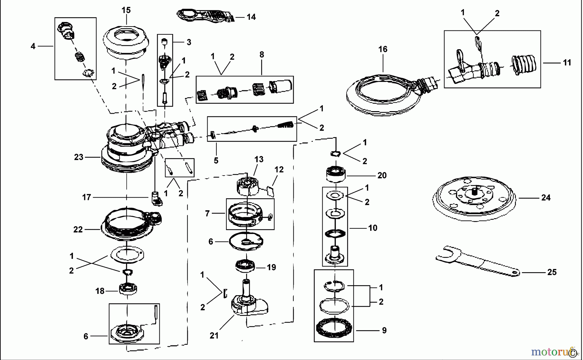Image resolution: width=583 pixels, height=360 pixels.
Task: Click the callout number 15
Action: [126, 10]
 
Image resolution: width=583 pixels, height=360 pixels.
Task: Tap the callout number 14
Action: [251, 17]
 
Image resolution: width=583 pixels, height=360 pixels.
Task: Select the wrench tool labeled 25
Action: [478, 263]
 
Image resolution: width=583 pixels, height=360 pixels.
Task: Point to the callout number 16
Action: [383, 49]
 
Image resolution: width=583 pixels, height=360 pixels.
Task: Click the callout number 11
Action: [567, 63]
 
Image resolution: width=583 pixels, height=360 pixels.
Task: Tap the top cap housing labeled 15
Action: [126, 44]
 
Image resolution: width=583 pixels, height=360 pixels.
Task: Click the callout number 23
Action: [79, 157]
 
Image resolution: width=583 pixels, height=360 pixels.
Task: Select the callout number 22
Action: [78, 230]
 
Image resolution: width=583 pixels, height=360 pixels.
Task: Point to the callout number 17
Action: [86, 197]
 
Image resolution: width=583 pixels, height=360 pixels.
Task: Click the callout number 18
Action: [100, 291]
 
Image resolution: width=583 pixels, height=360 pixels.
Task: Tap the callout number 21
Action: [214, 336]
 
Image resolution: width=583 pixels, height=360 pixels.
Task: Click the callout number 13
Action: [259, 159]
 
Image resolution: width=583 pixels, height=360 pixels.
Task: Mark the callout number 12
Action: [279, 169]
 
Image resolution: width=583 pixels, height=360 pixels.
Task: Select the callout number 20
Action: [382, 175]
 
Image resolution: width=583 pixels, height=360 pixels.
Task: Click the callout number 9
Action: [384, 331]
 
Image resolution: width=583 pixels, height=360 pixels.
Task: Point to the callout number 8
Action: [261, 55]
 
